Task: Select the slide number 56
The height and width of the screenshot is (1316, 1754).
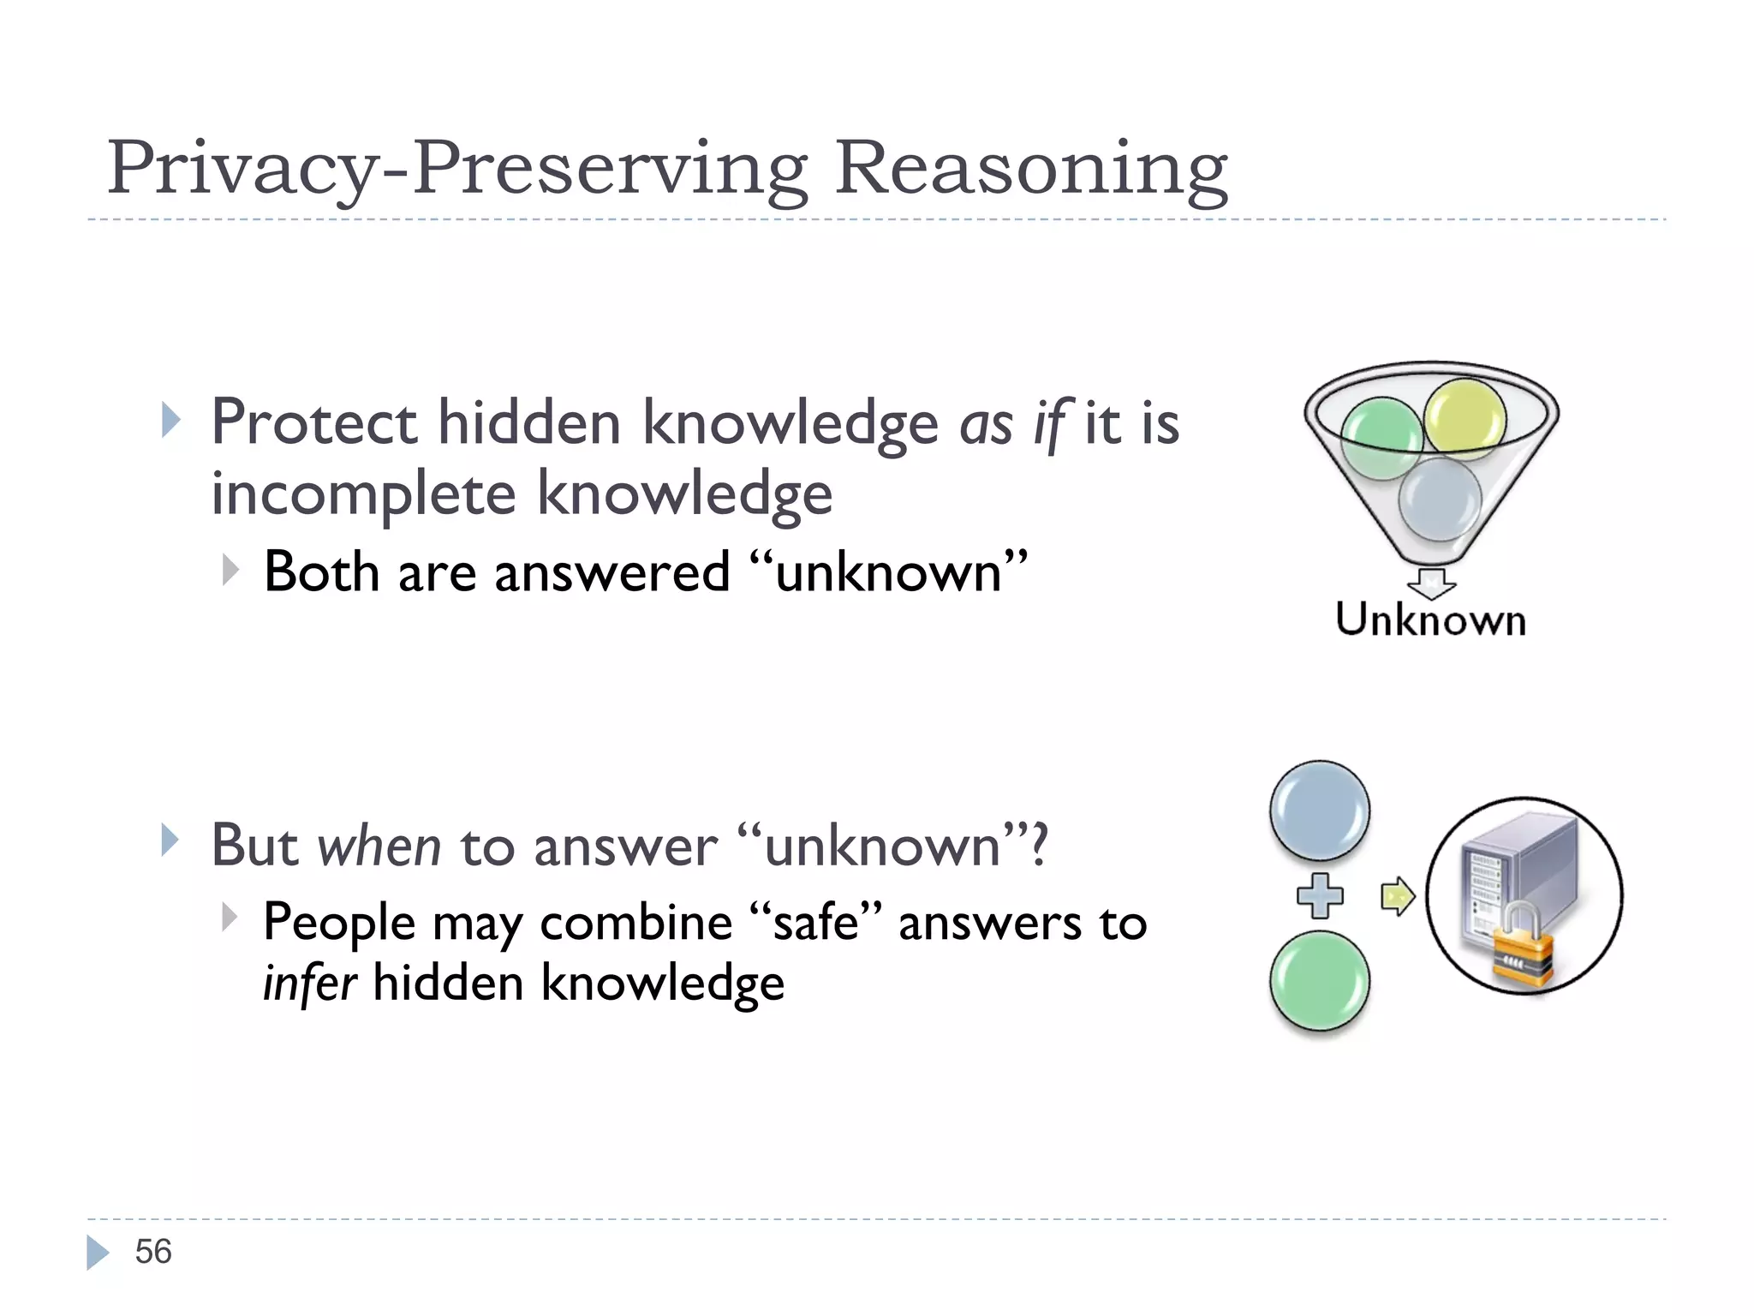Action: (x=153, y=1252)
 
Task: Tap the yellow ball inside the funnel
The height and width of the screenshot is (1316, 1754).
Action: (x=1465, y=419)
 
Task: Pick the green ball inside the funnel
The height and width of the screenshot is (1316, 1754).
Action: (x=1381, y=439)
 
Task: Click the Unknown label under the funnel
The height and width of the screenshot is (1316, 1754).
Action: (x=1430, y=619)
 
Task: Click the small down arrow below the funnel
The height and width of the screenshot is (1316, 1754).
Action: (x=1431, y=583)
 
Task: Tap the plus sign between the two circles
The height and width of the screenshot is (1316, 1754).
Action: (x=1320, y=896)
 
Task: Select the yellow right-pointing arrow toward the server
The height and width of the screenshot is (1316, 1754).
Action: (x=1397, y=897)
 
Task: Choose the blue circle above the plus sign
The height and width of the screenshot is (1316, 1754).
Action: (x=1320, y=811)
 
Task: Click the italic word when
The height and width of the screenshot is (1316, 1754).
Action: (x=379, y=846)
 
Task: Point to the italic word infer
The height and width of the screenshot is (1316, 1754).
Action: (x=309, y=983)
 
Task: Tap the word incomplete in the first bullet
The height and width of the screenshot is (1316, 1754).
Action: (x=363, y=494)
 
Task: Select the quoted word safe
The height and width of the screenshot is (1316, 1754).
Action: (x=815, y=923)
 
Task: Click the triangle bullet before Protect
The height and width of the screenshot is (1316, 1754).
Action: (x=171, y=421)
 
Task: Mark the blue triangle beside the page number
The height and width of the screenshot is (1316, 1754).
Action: (x=98, y=1252)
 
